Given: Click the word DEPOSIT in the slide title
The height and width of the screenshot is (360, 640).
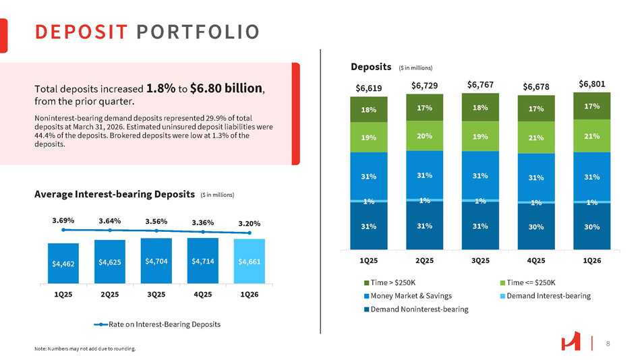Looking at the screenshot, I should pos(81,32).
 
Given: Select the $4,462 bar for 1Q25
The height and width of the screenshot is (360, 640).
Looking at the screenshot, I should pos(63,264).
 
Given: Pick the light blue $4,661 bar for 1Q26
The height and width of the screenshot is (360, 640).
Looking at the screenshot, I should pos(250,262).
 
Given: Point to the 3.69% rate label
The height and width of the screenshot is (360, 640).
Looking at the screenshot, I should pos(63,220).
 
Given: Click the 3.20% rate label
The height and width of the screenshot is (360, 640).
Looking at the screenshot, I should pos(250,224).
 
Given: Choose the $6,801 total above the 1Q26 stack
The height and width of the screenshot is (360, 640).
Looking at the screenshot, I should pos(592,84).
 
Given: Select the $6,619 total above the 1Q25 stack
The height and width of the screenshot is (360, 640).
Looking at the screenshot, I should pos(368,88).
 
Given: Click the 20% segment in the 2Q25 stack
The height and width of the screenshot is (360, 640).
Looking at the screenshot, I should pos(424,135).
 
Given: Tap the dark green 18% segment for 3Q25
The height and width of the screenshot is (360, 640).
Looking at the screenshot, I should pos(480,107).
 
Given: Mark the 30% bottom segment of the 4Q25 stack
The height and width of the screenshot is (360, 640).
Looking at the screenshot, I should pos(536,227).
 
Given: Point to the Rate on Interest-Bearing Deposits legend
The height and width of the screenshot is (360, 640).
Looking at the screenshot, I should pos(158,324).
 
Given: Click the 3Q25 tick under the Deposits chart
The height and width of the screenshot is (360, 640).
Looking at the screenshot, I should pos(480,260).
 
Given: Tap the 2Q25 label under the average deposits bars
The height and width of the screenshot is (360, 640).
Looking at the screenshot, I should pos(110,295).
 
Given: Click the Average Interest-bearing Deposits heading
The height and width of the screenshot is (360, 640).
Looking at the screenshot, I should pos(115,194).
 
